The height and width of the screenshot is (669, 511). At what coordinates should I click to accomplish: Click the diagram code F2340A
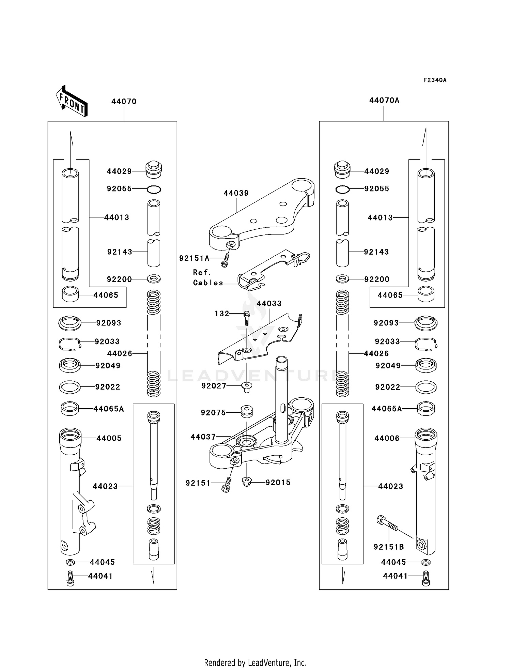(x=435, y=80)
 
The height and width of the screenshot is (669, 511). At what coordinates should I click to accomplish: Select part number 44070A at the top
(x=384, y=101)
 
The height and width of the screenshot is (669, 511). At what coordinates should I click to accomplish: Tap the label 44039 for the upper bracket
(x=236, y=193)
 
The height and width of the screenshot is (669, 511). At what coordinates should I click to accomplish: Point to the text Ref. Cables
(x=207, y=277)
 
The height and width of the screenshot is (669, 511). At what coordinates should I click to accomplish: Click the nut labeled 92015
(x=247, y=482)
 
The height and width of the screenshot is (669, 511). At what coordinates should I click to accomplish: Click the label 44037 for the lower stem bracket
(x=203, y=437)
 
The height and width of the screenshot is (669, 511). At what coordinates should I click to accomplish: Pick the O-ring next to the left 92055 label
(x=154, y=189)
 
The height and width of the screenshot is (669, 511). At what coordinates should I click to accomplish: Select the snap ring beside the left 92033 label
(x=69, y=344)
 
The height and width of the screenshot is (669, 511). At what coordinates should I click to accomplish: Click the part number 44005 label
(x=109, y=438)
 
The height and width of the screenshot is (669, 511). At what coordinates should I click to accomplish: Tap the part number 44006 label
(x=387, y=438)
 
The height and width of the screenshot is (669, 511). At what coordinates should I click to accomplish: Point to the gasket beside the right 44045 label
(x=426, y=562)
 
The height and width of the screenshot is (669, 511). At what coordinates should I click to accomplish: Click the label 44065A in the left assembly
(x=109, y=409)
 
